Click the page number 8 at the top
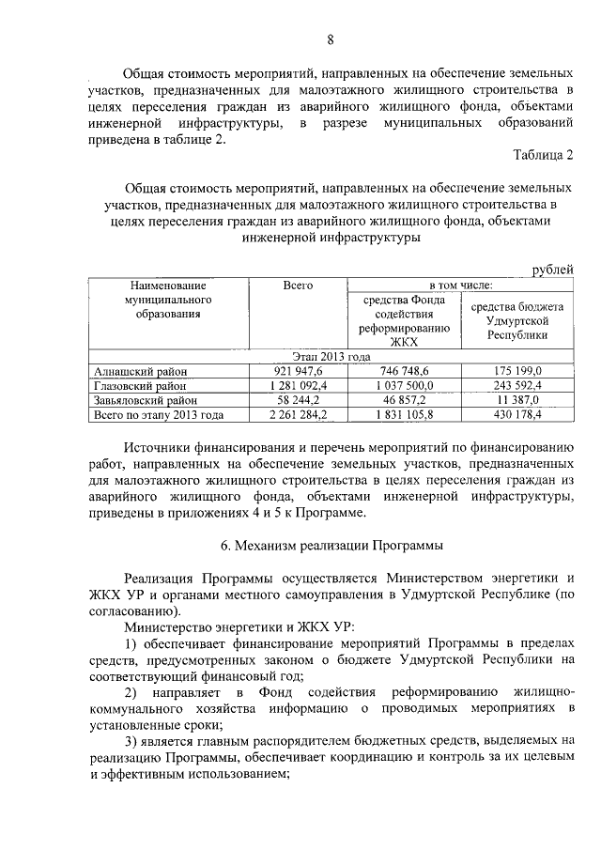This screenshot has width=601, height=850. (x=330, y=39)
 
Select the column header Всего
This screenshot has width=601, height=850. (x=297, y=285)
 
